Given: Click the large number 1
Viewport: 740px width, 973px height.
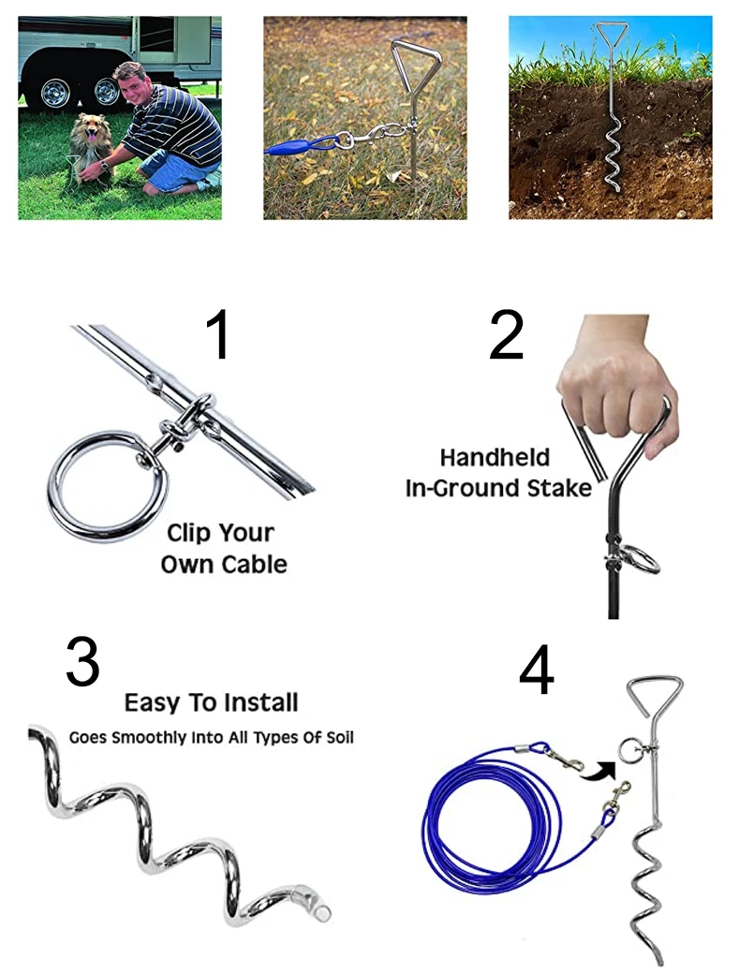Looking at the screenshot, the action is pos(218,335).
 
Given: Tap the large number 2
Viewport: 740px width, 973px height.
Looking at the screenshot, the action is pos(506,335).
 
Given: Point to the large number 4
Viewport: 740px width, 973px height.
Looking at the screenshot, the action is pos(536,671).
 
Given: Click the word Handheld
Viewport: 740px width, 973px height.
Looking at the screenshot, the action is pos(495,458).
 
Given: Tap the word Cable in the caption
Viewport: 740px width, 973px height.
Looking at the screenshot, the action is pos(255,565).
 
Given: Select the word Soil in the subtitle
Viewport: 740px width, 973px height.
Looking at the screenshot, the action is pos(340,738).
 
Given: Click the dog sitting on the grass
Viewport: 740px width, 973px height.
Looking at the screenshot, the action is pos(90,149).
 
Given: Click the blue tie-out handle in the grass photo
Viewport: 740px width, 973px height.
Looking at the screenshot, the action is pos(290,148).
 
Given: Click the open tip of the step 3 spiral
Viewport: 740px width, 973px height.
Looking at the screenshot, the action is pos(323,912).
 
